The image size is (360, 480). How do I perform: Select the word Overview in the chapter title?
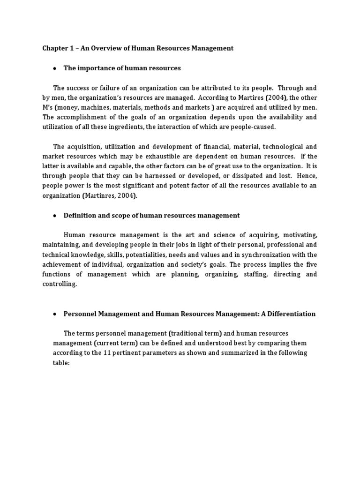[x=108, y=48]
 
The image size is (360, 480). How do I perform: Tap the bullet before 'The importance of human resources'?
[x=55, y=68]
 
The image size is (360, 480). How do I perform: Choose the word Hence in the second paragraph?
[x=306, y=176]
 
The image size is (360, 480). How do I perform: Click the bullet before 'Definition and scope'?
[x=55, y=216]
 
